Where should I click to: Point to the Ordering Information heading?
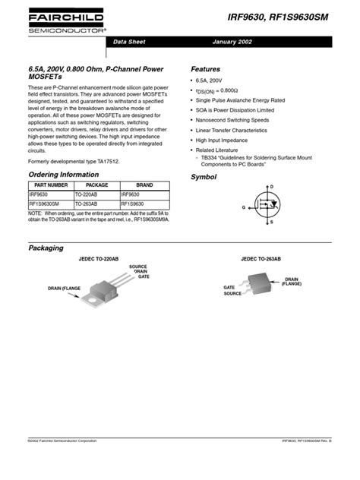pyautogui.click(x=63, y=175)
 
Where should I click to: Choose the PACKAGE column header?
pyautogui.click(x=96, y=185)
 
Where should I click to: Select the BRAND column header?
pyautogui.click(x=144, y=185)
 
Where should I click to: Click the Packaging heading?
pyautogui.click(x=45, y=248)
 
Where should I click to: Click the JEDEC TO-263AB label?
pyautogui.click(x=261, y=259)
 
